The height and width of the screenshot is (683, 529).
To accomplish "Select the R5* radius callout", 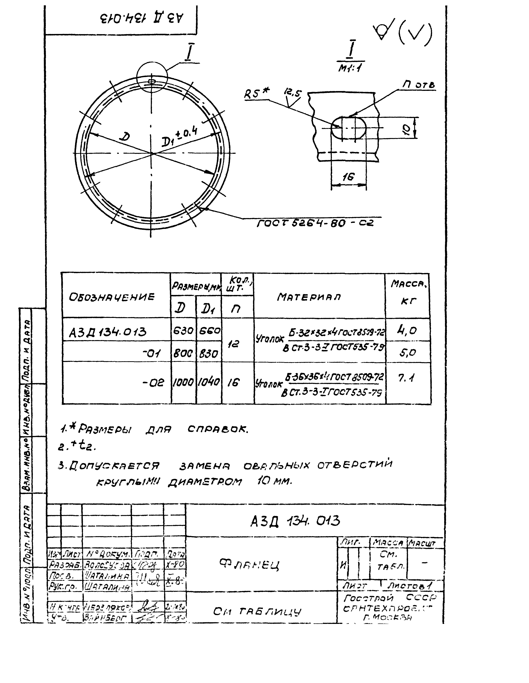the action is coord(256,93).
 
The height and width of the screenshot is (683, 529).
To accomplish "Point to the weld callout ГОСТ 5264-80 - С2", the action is coord(315,223).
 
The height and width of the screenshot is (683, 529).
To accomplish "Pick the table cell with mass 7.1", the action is coord(407,378).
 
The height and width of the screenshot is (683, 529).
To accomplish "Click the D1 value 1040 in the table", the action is coord(209,382).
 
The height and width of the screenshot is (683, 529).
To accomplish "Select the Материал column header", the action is coord(309,296).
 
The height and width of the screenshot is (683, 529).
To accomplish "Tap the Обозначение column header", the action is coord(112,296).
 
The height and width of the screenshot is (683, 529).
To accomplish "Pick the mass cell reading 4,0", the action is coord(407,330).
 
